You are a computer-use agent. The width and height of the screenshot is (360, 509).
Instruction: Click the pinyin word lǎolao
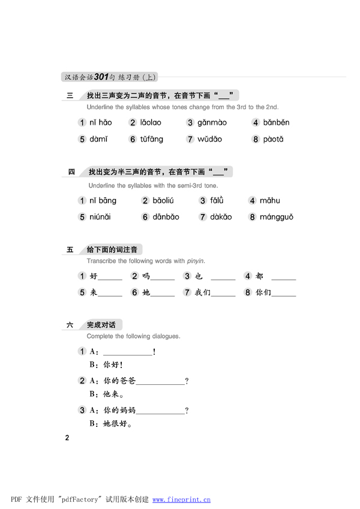pyautogui.click(x=151, y=123)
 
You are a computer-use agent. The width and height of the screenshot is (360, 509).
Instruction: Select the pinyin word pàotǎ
pyautogui.click(x=272, y=139)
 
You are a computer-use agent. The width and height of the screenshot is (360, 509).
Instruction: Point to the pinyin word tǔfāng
pyautogui.click(x=152, y=139)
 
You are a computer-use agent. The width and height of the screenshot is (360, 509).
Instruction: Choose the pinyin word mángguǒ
pyautogui.click(x=277, y=217)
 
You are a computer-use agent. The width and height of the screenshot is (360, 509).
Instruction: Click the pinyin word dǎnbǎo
pyautogui.click(x=166, y=217)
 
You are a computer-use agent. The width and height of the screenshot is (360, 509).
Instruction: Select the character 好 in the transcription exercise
pyautogui.click(x=93, y=276)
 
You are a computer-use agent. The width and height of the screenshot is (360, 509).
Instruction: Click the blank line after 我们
pyautogui.click(x=223, y=294)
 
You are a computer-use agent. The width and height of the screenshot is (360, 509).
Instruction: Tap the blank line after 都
pyautogui.click(x=283, y=278)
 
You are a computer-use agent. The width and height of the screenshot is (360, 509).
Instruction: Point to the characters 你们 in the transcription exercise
pyautogui.click(x=263, y=293)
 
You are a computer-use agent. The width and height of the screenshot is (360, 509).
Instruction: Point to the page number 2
pyautogui.click(x=68, y=438)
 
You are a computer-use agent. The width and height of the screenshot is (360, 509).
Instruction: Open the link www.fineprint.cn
pyautogui.click(x=181, y=499)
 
